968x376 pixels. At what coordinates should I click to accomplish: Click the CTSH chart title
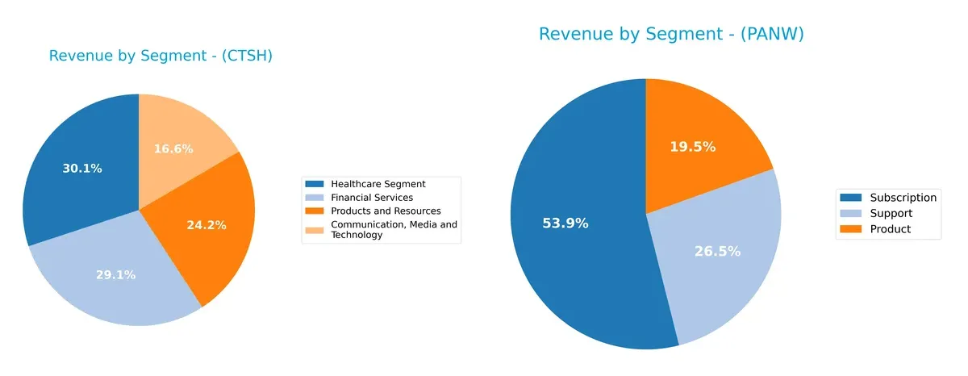[x=160, y=56]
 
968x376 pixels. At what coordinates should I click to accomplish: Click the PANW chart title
[x=671, y=34]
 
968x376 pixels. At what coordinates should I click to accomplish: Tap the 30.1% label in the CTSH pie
[x=82, y=169]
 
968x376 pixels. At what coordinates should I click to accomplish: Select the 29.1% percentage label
[x=115, y=275]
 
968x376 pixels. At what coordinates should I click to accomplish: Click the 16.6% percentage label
[x=174, y=148]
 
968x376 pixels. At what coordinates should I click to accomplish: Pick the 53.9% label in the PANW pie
[x=565, y=224]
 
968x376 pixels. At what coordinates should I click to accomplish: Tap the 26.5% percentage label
[x=717, y=252]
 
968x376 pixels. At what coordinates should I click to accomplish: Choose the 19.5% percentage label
[x=692, y=147]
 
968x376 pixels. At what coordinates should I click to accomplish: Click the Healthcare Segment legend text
[x=378, y=184]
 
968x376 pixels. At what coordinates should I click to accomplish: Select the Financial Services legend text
[x=372, y=198]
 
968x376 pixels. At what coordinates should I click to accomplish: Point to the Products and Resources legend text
[x=386, y=211]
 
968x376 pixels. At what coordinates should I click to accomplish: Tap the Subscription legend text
[x=903, y=198]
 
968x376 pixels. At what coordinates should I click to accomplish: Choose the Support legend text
[x=891, y=213]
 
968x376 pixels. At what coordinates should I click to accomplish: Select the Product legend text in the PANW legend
[x=891, y=229]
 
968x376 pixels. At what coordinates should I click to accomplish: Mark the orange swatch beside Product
[x=850, y=229]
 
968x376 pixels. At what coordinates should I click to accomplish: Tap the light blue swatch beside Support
[x=850, y=213]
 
